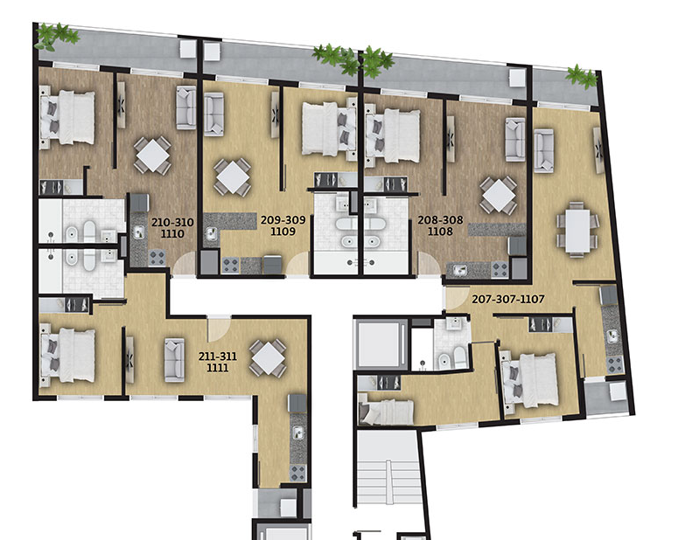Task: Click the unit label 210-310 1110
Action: (x=172, y=228)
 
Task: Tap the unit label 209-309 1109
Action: (x=283, y=225)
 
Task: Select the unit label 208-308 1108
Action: (x=440, y=225)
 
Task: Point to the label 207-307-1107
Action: (x=508, y=299)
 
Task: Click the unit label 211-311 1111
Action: (x=218, y=362)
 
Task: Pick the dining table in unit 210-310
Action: (x=152, y=156)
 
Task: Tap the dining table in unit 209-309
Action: (x=233, y=177)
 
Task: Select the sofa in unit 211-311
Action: (x=174, y=360)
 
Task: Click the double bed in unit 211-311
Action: (x=67, y=356)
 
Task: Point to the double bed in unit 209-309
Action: (x=330, y=128)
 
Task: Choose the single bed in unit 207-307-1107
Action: (x=386, y=412)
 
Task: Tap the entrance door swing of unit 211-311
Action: (x=219, y=330)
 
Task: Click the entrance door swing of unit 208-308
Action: (x=429, y=264)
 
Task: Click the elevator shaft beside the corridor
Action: (x=379, y=343)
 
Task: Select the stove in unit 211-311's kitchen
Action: (x=298, y=473)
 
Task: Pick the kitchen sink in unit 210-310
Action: (x=139, y=232)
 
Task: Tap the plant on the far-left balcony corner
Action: (x=56, y=36)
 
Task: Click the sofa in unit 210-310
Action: (x=186, y=107)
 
